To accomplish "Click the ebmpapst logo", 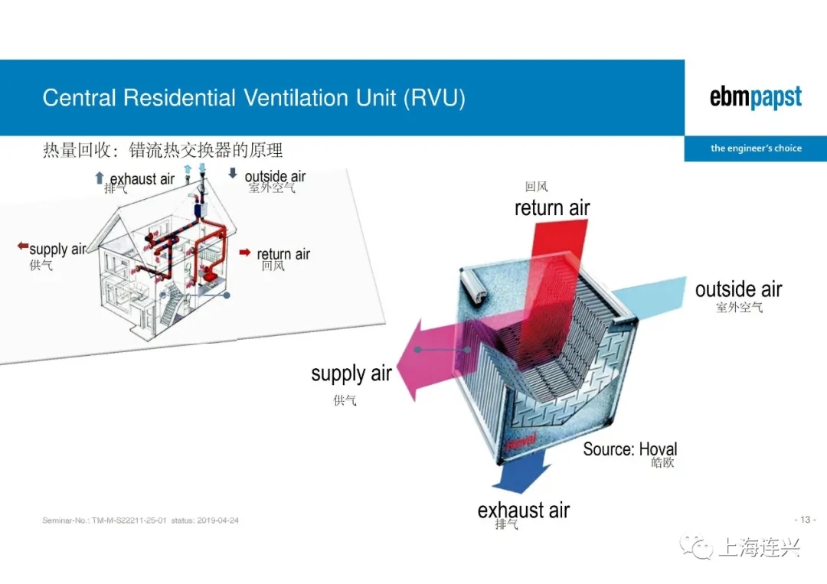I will point(755,98).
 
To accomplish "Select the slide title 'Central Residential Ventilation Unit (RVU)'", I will point(253,98).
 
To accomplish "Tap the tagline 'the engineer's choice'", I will point(755,148).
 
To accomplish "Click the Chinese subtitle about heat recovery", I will point(162,149).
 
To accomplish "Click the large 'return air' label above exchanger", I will point(552,207).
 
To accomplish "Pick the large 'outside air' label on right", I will point(738,289).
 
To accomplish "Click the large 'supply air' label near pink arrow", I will point(351,374).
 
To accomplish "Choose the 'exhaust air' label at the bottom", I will point(524,510).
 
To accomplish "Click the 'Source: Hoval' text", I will point(629,449).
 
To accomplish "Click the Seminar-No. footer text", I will point(141,520).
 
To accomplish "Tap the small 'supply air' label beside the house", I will point(57,250).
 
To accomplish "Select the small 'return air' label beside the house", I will point(283,254).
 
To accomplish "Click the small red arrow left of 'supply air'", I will point(23,246).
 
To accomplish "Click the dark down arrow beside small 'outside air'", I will point(233,173).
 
